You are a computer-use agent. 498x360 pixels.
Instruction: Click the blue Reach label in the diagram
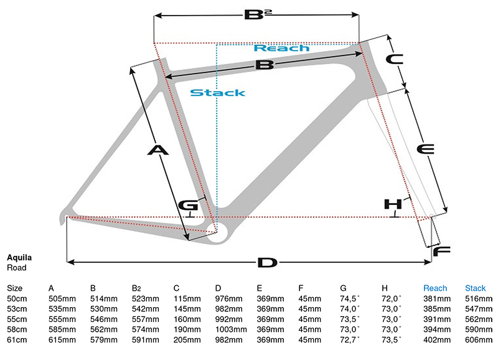click(x=281, y=48)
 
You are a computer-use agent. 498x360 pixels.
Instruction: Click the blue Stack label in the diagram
click(x=217, y=93)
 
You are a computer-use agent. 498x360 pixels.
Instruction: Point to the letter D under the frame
click(x=266, y=262)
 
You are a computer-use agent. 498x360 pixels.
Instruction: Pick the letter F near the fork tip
click(x=441, y=252)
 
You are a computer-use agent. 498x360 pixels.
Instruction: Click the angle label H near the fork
click(x=393, y=204)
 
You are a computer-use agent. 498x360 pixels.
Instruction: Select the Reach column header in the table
click(x=435, y=288)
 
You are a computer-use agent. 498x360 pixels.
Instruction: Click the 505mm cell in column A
click(x=61, y=298)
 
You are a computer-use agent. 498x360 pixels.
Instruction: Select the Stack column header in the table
click(x=476, y=288)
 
